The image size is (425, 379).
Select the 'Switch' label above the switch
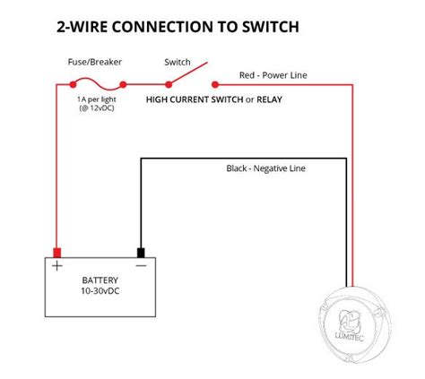(x=177, y=63)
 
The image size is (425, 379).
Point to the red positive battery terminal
(x=57, y=252)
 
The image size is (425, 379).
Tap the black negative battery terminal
(x=140, y=252)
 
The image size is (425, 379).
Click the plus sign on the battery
(x=57, y=266)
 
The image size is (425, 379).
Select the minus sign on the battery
(x=140, y=266)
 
